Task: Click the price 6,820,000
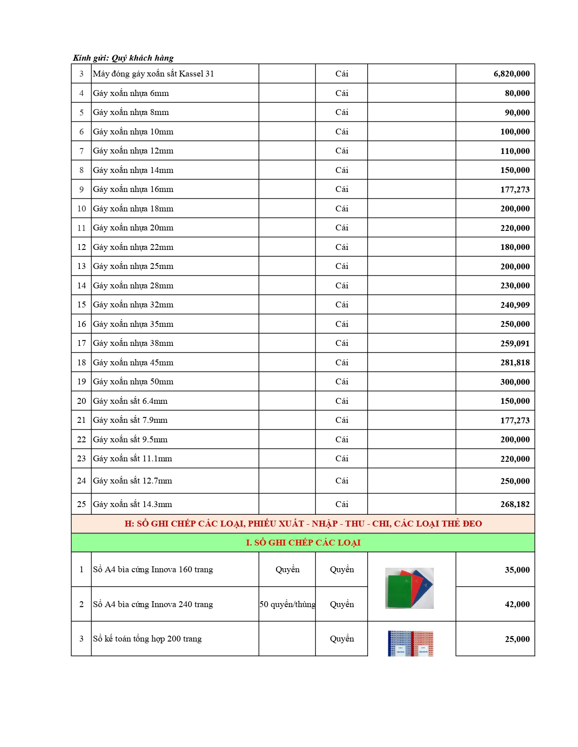[511, 74]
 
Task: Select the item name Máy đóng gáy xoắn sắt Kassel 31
[153, 74]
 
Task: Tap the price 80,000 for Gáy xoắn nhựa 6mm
[517, 93]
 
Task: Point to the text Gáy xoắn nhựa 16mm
[133, 189]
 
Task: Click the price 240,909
[515, 305]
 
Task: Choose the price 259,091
[515, 343]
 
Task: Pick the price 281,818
[515, 363]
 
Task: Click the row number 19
[82, 382]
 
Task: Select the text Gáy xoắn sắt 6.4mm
[130, 401]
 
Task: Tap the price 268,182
[515, 504]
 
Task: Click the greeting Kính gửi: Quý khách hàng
[123, 58]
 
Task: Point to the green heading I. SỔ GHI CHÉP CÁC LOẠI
[303, 542]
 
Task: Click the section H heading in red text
[303, 523]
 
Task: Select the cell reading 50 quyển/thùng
[287, 604]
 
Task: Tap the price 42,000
[517, 604]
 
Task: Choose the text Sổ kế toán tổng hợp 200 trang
[147, 639]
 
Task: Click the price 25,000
[517, 639]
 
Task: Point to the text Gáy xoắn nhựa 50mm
[133, 382]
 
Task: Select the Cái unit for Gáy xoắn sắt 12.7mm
[342, 481]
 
